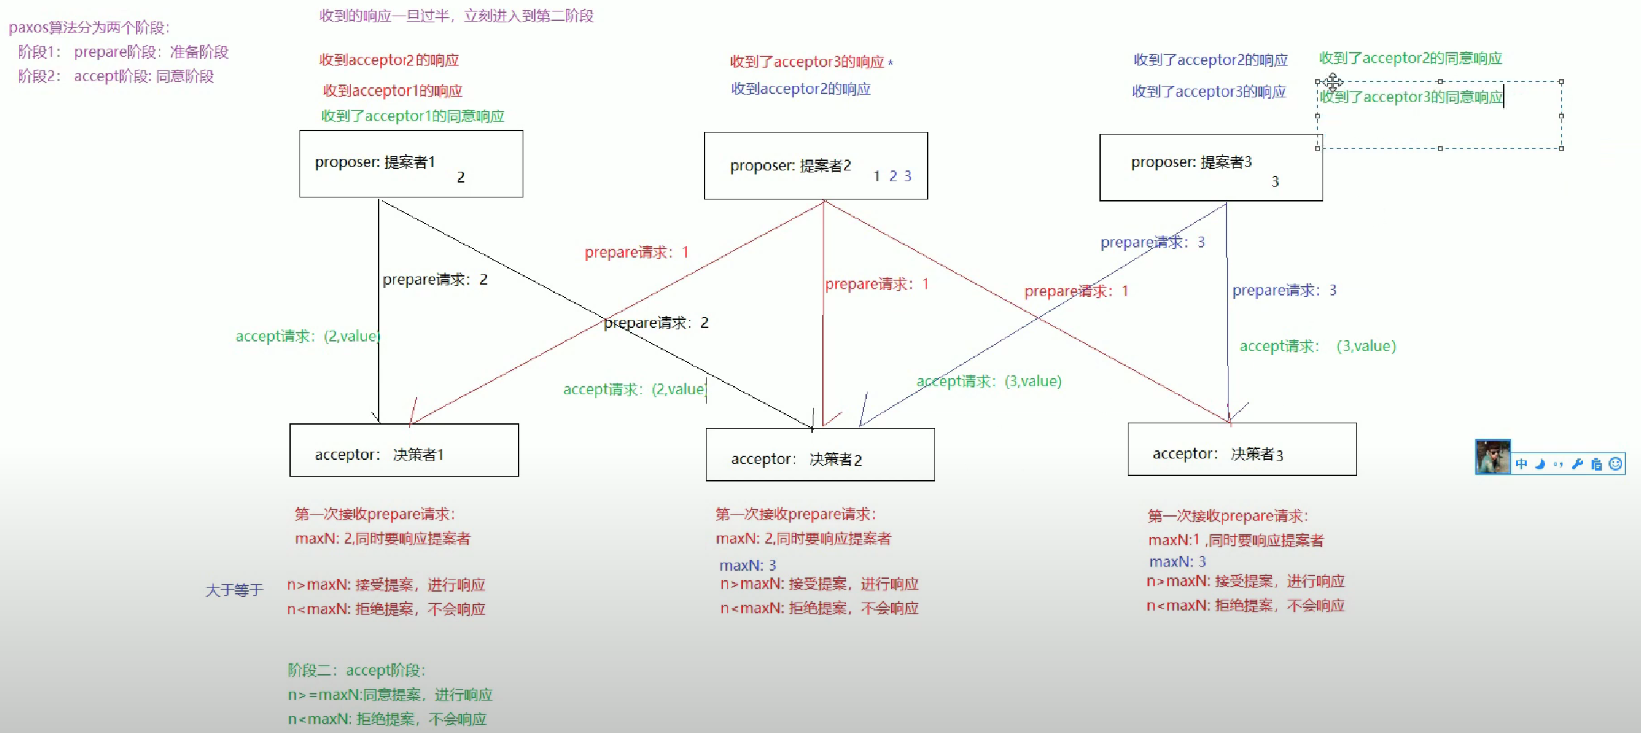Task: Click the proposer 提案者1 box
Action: pos(411,164)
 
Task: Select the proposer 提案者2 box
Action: pos(815,166)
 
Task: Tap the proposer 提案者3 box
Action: pos(1210,167)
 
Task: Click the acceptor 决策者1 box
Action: pos(404,450)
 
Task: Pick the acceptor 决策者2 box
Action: pos(819,454)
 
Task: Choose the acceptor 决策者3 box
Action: pos(1241,450)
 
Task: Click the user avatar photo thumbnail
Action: pos(1492,457)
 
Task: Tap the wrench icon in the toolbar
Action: pos(1577,464)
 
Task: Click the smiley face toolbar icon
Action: pos(1615,464)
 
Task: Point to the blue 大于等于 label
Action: pos(234,590)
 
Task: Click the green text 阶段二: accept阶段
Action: pos(356,670)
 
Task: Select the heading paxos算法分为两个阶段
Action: pos(89,28)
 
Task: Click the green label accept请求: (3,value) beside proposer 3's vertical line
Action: pos(1317,346)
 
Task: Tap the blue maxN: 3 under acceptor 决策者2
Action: pos(747,565)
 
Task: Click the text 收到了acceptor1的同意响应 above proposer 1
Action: pos(412,116)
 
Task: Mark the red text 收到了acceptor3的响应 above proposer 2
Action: pos(807,62)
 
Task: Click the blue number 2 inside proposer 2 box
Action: pos(893,176)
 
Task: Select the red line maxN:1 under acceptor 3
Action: pos(1235,540)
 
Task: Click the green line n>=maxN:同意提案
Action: pos(390,694)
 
